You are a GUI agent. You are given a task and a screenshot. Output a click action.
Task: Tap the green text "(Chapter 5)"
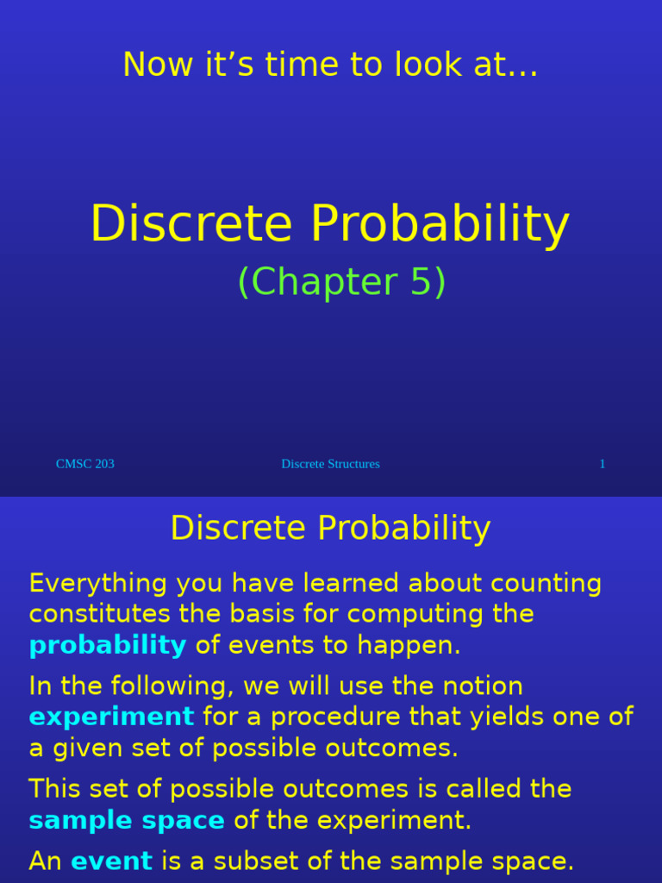341,282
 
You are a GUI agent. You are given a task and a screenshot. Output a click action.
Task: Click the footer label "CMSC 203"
85,464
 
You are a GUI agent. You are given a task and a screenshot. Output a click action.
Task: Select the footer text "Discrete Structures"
330,464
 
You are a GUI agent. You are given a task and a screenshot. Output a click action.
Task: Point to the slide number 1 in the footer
603,464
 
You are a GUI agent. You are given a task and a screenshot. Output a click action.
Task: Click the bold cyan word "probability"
108,645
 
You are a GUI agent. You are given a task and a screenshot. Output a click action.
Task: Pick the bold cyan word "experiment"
111,717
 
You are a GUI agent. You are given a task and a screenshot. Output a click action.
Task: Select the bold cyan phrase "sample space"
127,820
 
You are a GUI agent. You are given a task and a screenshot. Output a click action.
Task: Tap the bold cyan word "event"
111,861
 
